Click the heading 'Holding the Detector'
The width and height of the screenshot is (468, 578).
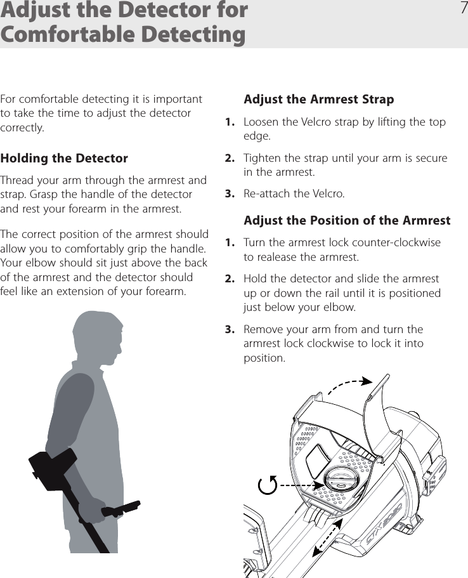click(64, 158)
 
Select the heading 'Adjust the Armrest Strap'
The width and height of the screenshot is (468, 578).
click(318, 99)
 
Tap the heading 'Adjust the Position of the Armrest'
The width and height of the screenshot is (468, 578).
click(347, 220)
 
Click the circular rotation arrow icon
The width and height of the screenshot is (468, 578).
click(268, 485)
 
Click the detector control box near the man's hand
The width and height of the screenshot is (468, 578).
click(124, 508)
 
